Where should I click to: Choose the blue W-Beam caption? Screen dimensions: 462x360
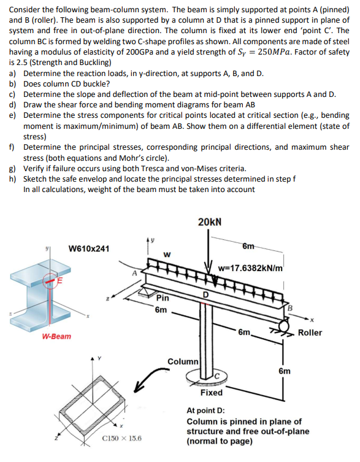[57, 336]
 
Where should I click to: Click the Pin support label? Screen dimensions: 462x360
[162, 298]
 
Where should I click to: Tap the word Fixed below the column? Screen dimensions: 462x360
[212, 391]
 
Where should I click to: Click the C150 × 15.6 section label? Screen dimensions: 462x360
[121, 439]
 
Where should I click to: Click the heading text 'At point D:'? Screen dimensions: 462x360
[205, 410]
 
